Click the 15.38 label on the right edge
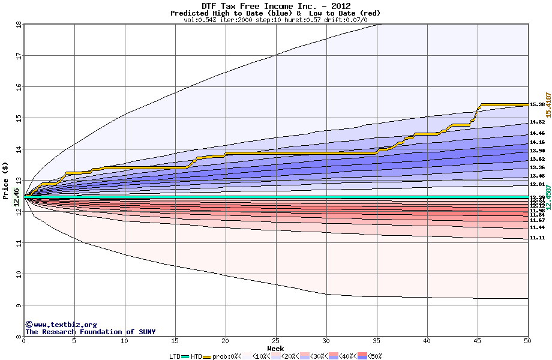[x=537, y=104]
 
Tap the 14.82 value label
[x=537, y=122]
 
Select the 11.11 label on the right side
[x=537, y=238]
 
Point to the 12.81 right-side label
[x=537, y=184]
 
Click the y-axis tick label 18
[x=18, y=25]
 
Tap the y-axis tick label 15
[x=18, y=118]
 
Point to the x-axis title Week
[x=275, y=348]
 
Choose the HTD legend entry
[x=196, y=356]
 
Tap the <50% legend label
[x=375, y=356]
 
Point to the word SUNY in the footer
[x=146, y=332]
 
